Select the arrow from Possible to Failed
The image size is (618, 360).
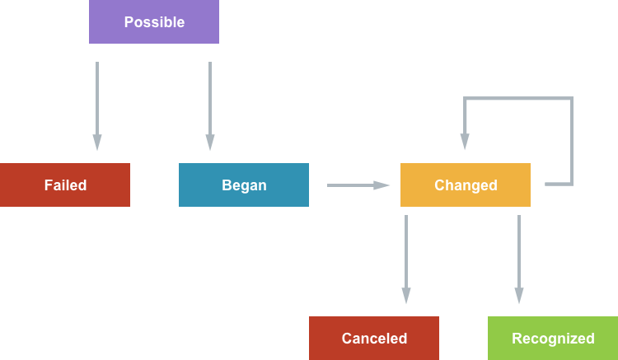97,99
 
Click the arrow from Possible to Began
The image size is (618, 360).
210,99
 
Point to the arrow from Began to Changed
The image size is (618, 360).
350,185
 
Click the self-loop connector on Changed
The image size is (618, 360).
572,140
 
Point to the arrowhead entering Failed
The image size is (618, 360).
97,143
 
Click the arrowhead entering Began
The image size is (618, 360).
210,143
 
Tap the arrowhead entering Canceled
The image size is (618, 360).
406,296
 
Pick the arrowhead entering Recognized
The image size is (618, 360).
519,296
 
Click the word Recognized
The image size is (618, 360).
553,339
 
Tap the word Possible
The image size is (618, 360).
154,22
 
